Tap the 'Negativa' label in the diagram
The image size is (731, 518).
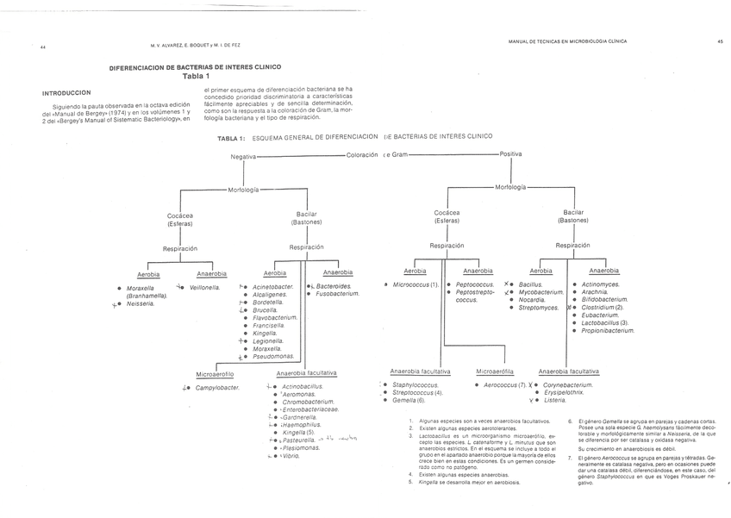(x=243, y=156)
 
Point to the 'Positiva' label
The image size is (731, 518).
(x=510, y=154)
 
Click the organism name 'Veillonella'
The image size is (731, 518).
(x=205, y=287)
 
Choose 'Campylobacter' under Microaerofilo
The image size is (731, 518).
(x=217, y=388)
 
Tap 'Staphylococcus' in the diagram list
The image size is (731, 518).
(x=416, y=384)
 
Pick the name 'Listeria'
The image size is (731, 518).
(x=556, y=400)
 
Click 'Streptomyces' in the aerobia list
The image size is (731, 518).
(x=539, y=308)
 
